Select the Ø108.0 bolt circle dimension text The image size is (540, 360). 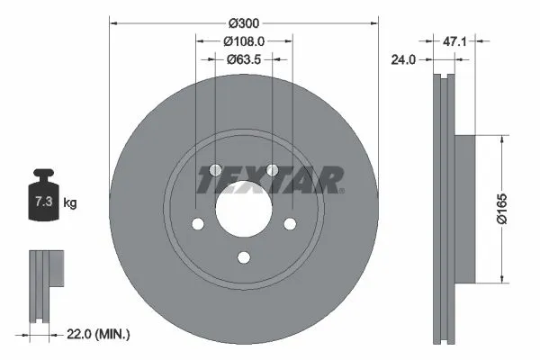(x=243, y=40)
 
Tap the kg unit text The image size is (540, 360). (x=70, y=204)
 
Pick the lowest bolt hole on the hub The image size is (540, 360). (x=243, y=259)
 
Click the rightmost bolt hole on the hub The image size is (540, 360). (x=290, y=226)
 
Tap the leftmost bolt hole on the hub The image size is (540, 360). (x=196, y=226)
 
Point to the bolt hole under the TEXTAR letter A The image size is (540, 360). (x=272, y=171)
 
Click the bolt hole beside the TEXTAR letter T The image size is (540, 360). (x=214, y=171)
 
